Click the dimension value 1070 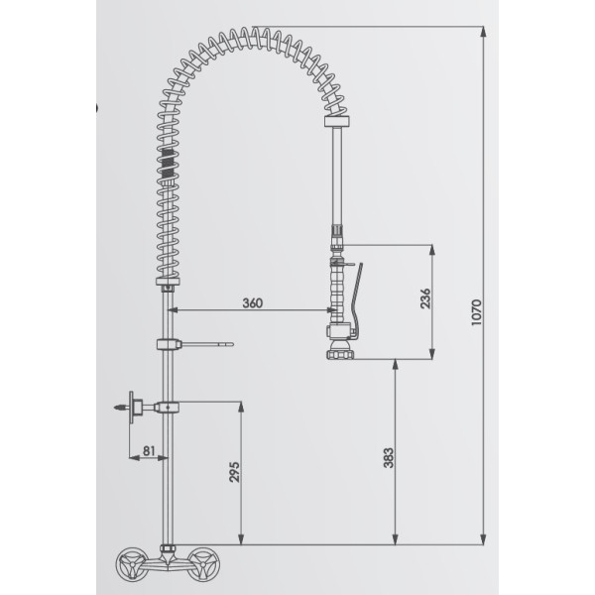coord(476,312)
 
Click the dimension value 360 coord(252,302)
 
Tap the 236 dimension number coord(425,298)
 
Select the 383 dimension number coord(388,458)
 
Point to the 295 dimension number coord(234,472)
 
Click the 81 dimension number coord(149,450)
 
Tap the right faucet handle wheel coord(203,564)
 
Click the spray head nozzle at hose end coord(340,350)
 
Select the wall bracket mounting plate coord(132,408)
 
